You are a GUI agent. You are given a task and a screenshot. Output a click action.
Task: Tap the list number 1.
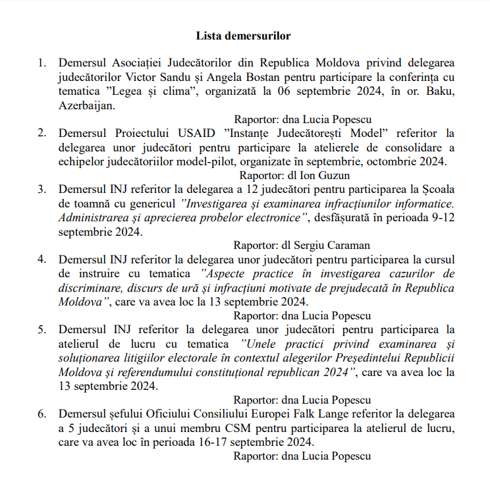[42, 63]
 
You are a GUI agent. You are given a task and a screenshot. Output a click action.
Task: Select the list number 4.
[42, 259]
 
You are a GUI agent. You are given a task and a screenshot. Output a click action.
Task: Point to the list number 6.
[42, 414]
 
